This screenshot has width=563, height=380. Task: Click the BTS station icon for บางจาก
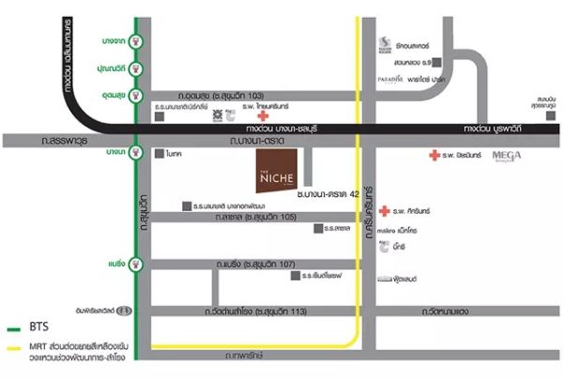[138, 40]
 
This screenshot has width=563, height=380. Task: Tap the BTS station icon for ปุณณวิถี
[138, 68]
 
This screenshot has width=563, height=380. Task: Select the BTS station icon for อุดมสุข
[138, 96]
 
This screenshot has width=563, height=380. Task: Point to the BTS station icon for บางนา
[138, 151]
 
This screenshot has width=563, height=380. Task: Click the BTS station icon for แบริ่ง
[138, 264]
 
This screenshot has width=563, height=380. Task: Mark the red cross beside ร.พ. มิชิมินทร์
[434, 156]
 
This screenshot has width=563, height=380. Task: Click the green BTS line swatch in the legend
[13, 331]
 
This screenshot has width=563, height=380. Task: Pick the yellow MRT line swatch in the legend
[13, 350]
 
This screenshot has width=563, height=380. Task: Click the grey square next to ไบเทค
[160, 153]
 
